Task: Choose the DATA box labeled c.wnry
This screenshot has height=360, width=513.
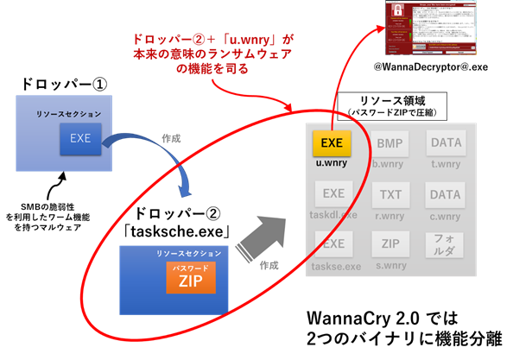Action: (445, 195)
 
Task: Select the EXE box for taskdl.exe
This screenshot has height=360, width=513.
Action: (332, 195)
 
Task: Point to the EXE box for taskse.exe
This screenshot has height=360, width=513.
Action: (332, 244)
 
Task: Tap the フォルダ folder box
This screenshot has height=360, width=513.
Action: (445, 244)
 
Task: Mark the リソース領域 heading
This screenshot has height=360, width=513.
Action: (389, 100)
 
